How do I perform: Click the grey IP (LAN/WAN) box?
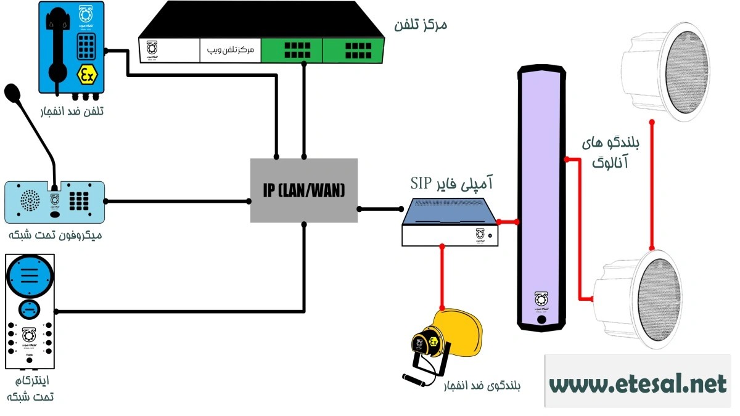(304, 190)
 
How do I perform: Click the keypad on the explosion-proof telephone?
(86, 44)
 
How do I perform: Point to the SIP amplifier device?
(450, 222)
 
